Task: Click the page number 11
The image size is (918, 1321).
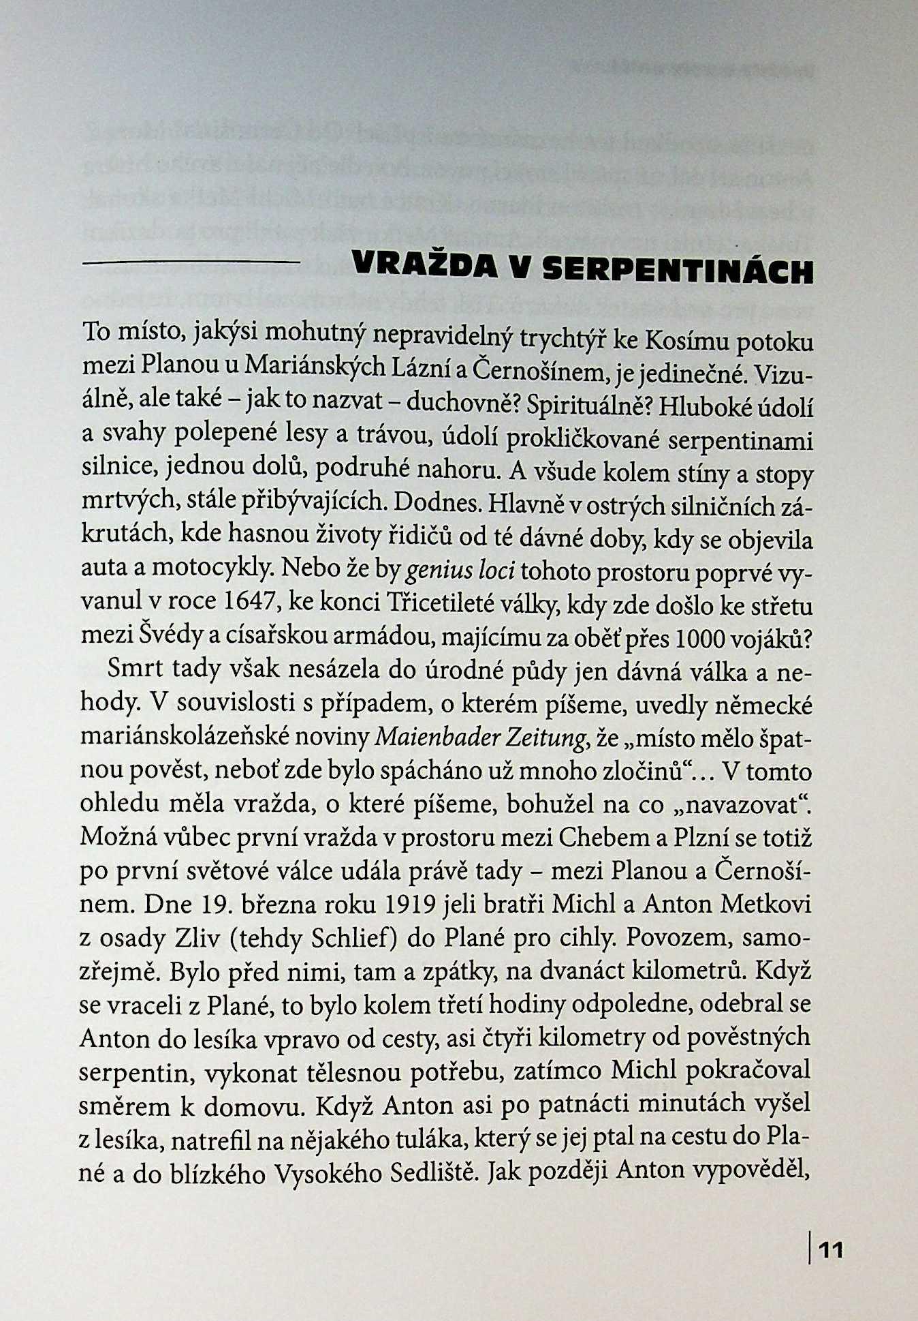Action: coord(830,1249)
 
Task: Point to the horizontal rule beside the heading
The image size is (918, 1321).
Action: coord(191,263)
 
